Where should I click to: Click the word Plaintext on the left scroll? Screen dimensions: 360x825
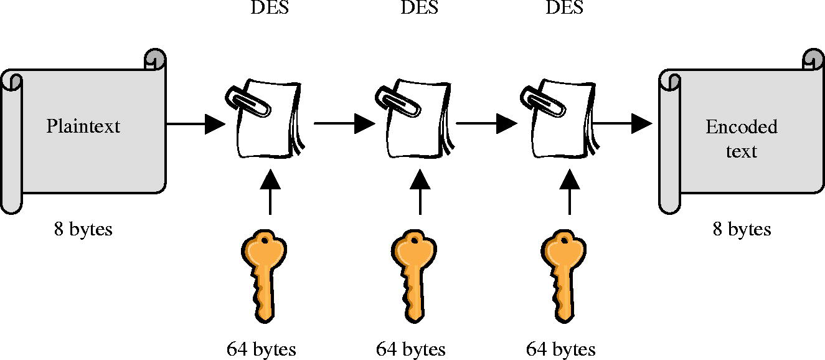(x=83, y=126)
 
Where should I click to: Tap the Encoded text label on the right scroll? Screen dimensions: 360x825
(x=741, y=138)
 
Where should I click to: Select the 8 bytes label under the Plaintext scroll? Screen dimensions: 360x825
(x=83, y=229)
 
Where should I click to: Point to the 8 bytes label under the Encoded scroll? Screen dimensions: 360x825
(x=742, y=229)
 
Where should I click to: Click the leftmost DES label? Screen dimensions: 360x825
(x=269, y=8)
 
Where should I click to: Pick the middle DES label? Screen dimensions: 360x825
(x=418, y=8)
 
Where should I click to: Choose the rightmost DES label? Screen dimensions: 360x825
(x=564, y=8)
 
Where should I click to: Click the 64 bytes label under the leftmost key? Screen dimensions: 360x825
(x=261, y=349)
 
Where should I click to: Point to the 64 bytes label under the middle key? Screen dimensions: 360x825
(x=411, y=349)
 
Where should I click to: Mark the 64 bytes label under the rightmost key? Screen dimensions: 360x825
(x=560, y=349)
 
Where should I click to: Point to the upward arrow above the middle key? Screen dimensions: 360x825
(x=420, y=192)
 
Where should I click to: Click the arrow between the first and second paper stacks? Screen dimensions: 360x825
(x=342, y=123)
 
